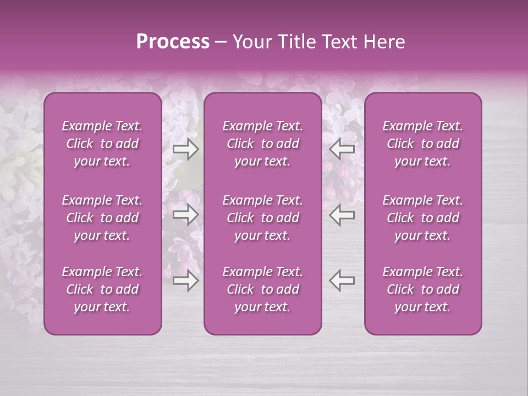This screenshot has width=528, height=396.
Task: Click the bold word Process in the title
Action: [x=173, y=42]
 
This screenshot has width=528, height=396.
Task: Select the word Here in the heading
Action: [x=385, y=42]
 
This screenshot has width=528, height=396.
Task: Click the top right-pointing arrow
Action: [x=185, y=148]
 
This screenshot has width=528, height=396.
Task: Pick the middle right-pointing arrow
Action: [x=185, y=215]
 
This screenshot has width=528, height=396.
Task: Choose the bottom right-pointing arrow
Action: [x=185, y=280]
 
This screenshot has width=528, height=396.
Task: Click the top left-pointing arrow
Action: [x=342, y=148]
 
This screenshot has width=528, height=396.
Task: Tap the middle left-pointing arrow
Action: [x=342, y=215]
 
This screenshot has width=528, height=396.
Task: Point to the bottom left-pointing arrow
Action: [x=342, y=280]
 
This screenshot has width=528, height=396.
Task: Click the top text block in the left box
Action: [x=102, y=144]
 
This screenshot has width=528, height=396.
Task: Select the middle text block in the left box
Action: [x=102, y=218]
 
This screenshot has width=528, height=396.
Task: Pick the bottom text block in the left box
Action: [x=102, y=289]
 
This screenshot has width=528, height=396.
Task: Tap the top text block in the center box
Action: [x=263, y=144]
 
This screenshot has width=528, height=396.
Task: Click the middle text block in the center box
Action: [x=263, y=218]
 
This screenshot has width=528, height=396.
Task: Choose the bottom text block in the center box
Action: [x=263, y=289]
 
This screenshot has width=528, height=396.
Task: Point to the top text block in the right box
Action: [x=423, y=144]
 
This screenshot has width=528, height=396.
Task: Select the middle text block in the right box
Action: [x=423, y=218]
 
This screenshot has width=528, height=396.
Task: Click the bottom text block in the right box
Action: [x=423, y=289]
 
